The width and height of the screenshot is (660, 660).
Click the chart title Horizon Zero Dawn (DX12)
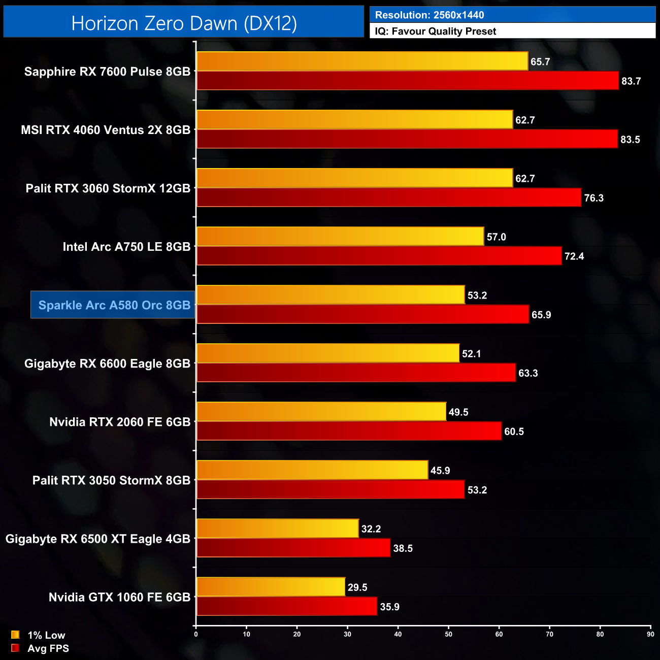(184, 23)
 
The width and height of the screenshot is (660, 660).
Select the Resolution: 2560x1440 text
(430, 15)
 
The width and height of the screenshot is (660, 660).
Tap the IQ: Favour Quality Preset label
(435, 31)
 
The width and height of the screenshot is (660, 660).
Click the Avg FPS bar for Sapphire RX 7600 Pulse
(408, 81)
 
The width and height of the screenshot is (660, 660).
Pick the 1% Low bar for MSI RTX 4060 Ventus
(354, 120)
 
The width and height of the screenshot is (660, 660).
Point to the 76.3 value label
(593, 198)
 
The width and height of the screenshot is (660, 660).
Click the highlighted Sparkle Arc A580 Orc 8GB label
(114, 305)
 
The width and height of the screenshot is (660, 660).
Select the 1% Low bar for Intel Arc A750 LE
(340, 237)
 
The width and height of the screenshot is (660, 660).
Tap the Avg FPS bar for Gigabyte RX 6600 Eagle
(356, 373)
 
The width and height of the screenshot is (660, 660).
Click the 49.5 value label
(458, 412)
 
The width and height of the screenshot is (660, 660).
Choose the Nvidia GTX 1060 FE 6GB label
(119, 597)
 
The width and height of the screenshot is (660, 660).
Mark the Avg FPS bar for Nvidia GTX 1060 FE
(287, 606)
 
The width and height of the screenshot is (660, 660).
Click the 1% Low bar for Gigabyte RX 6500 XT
(278, 529)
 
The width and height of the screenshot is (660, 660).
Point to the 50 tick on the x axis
(449, 634)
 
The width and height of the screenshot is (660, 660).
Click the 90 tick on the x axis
(650, 634)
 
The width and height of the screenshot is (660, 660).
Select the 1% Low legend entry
(40, 635)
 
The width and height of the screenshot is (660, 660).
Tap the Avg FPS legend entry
(41, 648)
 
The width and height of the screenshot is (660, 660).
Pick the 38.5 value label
(403, 548)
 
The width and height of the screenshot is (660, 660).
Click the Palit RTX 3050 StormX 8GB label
(111, 480)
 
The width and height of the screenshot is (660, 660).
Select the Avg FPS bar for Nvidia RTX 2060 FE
(349, 431)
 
